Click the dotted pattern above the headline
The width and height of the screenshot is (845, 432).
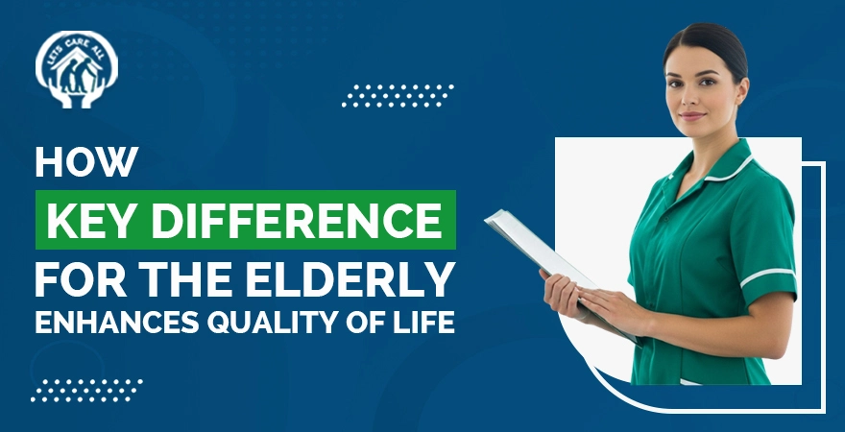coord(398,95)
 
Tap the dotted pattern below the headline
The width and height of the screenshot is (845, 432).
coord(87,390)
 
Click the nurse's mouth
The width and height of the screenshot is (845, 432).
coord(690,116)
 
